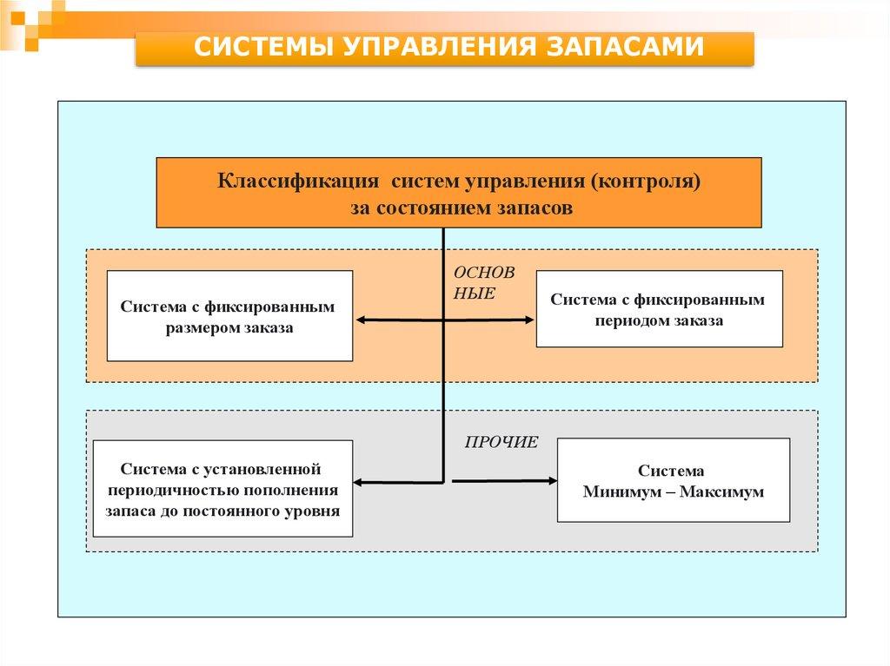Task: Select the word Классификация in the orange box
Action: (298, 182)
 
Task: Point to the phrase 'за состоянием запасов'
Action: (462, 208)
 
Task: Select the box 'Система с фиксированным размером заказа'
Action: (229, 316)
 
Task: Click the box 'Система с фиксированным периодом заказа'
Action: (659, 309)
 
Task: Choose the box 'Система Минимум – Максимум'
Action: (673, 480)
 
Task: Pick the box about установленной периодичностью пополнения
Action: (222, 488)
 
